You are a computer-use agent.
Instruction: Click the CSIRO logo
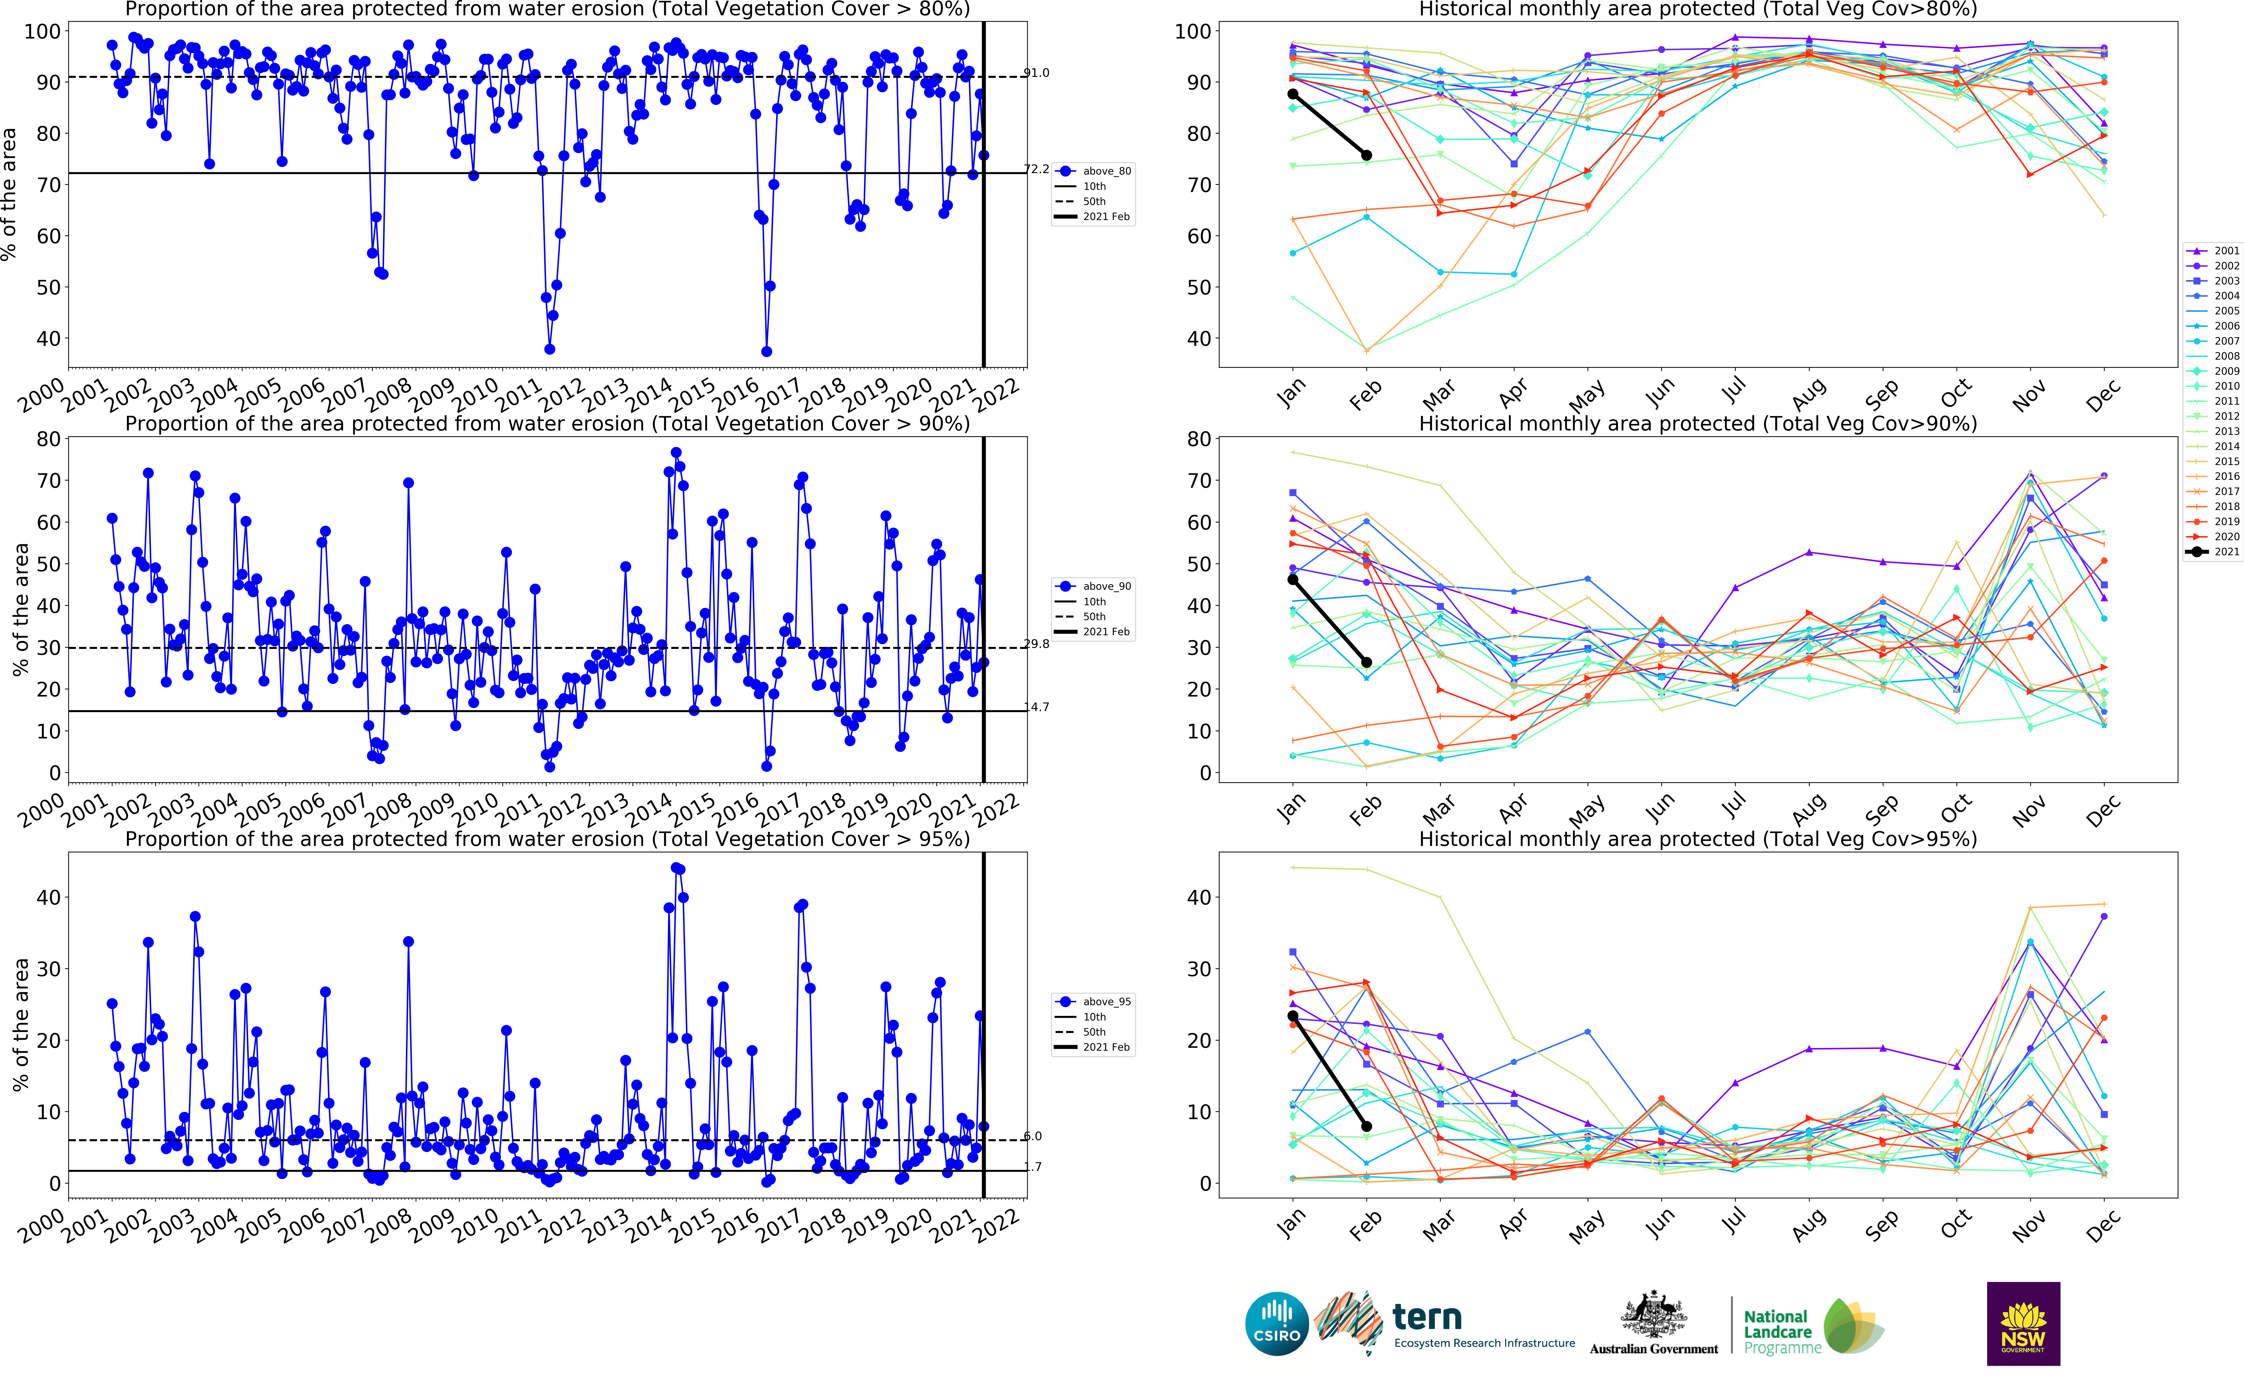(1277, 1324)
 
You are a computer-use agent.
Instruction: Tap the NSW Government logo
(2023, 1324)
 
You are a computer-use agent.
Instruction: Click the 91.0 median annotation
(1036, 73)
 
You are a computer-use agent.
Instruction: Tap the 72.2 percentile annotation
(1036, 169)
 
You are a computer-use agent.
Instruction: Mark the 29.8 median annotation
(1036, 644)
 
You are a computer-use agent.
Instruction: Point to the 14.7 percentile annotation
(1036, 707)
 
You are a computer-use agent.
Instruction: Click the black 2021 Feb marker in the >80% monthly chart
(1366, 155)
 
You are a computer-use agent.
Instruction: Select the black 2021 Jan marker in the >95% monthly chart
(1292, 1016)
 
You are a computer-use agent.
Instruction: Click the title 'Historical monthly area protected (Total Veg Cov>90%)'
(1697, 424)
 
